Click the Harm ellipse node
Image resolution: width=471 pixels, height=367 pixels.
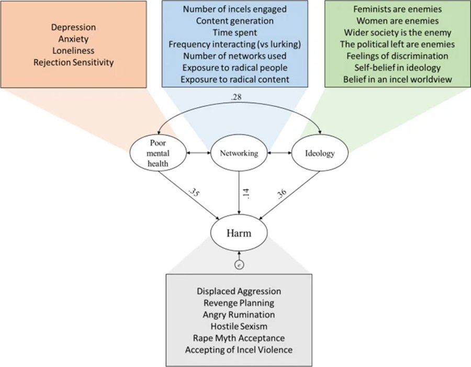[239, 233]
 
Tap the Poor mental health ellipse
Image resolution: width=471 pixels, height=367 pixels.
[159, 153]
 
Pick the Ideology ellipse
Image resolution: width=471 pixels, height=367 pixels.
[319, 153]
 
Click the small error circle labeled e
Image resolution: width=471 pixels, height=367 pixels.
[239, 265]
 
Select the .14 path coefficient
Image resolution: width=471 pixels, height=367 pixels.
[246, 192]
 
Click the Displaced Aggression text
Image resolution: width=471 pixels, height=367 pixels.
[239, 291]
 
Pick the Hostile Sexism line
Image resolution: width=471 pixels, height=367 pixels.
[239, 326]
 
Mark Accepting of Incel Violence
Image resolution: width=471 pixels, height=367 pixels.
[239, 350]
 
